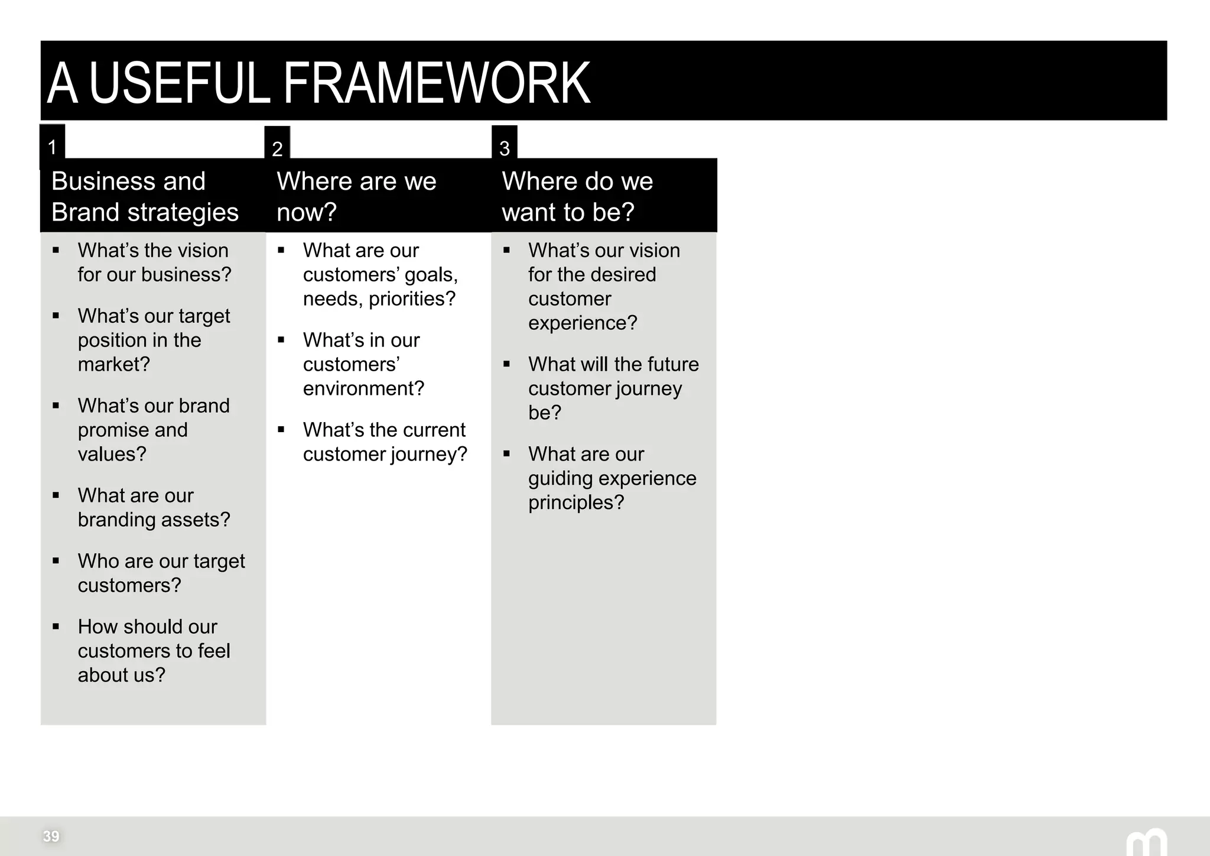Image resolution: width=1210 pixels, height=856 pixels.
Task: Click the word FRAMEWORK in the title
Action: pyautogui.click(x=437, y=83)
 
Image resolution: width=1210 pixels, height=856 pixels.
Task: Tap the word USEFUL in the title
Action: pyautogui.click(x=179, y=83)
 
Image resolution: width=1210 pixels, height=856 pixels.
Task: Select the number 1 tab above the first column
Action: pyautogui.click(x=52, y=147)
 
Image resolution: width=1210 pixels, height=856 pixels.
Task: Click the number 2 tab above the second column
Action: pyautogui.click(x=277, y=148)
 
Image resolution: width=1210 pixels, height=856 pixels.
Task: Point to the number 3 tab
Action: pyautogui.click(x=504, y=148)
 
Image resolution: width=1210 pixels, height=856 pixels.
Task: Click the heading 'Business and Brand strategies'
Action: pyautogui.click(x=145, y=196)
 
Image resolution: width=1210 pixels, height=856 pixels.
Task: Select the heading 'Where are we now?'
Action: pyautogui.click(x=356, y=196)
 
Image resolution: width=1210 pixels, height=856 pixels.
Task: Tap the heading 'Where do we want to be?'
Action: pyautogui.click(x=577, y=196)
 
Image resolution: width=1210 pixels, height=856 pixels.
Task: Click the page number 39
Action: pyautogui.click(x=51, y=836)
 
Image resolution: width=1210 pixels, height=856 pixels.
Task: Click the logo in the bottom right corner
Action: pyautogui.click(x=1146, y=843)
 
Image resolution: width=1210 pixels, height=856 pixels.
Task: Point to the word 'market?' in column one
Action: pyautogui.click(x=113, y=364)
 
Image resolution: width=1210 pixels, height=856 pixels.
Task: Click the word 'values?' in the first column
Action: pyautogui.click(x=112, y=454)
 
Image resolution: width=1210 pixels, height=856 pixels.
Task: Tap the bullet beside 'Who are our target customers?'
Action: pyautogui.click(x=56, y=561)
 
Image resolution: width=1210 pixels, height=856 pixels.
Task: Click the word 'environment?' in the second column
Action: pyautogui.click(x=363, y=388)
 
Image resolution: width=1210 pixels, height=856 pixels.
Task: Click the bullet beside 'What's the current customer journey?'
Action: pyautogui.click(x=281, y=430)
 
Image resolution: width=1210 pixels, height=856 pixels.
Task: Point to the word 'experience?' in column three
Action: pyautogui.click(x=583, y=323)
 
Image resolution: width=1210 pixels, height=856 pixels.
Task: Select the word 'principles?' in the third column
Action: pyautogui.click(x=576, y=502)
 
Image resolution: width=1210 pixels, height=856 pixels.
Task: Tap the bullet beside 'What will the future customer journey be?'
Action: pyautogui.click(x=507, y=364)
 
